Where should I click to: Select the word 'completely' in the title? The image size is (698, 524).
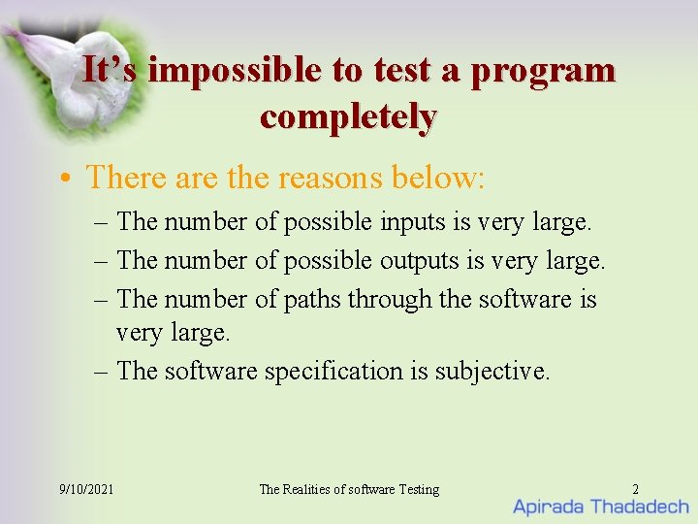pos(348,116)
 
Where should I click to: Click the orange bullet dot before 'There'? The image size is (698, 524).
pos(63,179)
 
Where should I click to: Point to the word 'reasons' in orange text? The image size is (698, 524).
pos(330,178)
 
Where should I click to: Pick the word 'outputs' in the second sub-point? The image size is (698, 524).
pos(419,261)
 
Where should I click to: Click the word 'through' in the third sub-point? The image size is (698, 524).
pos(391,300)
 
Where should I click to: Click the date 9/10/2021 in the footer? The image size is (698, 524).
pos(86,489)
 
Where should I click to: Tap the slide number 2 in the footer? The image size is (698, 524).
pos(635,489)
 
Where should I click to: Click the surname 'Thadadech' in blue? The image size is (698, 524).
pos(640,507)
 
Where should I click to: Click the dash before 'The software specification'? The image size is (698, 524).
pos(103,371)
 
